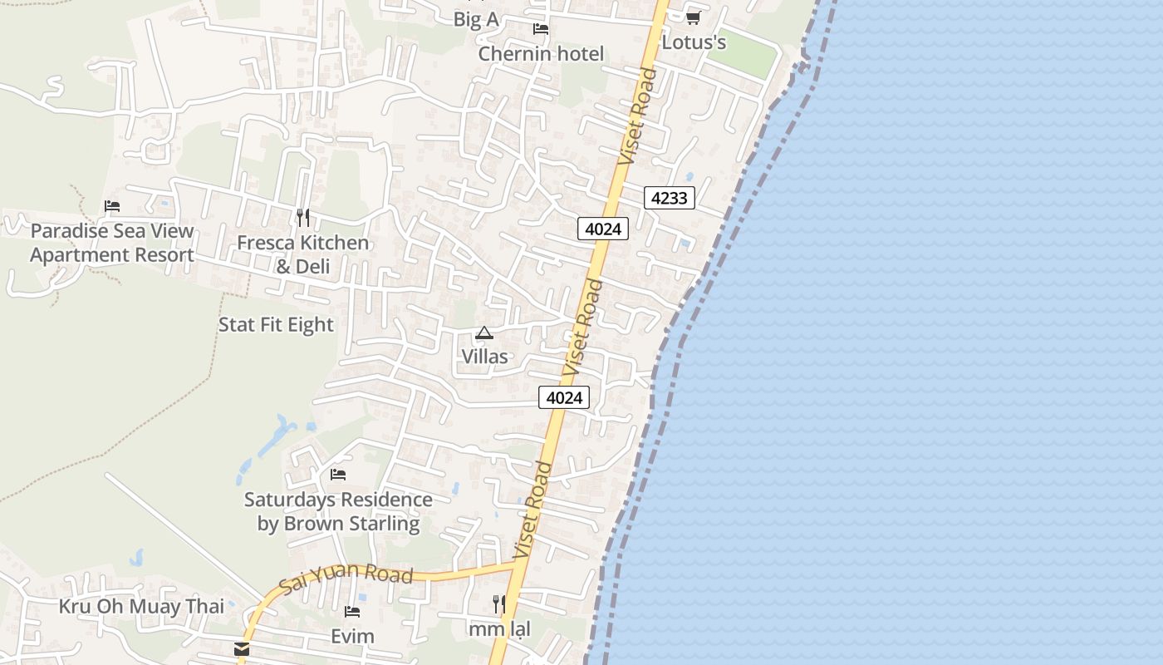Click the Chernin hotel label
541,54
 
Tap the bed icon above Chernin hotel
541,29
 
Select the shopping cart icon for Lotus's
693,17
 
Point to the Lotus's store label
694,42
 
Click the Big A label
476,20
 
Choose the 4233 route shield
669,198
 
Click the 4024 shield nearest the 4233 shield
603,229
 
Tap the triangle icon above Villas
484,333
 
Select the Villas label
484,357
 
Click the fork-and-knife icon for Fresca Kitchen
303,218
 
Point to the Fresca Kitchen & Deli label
303,254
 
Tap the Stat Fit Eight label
276,325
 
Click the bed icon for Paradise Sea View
112,206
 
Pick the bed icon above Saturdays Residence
338,475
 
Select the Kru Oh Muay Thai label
141,607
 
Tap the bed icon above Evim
352,612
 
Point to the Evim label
352,637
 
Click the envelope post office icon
242,649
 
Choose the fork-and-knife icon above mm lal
499,603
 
